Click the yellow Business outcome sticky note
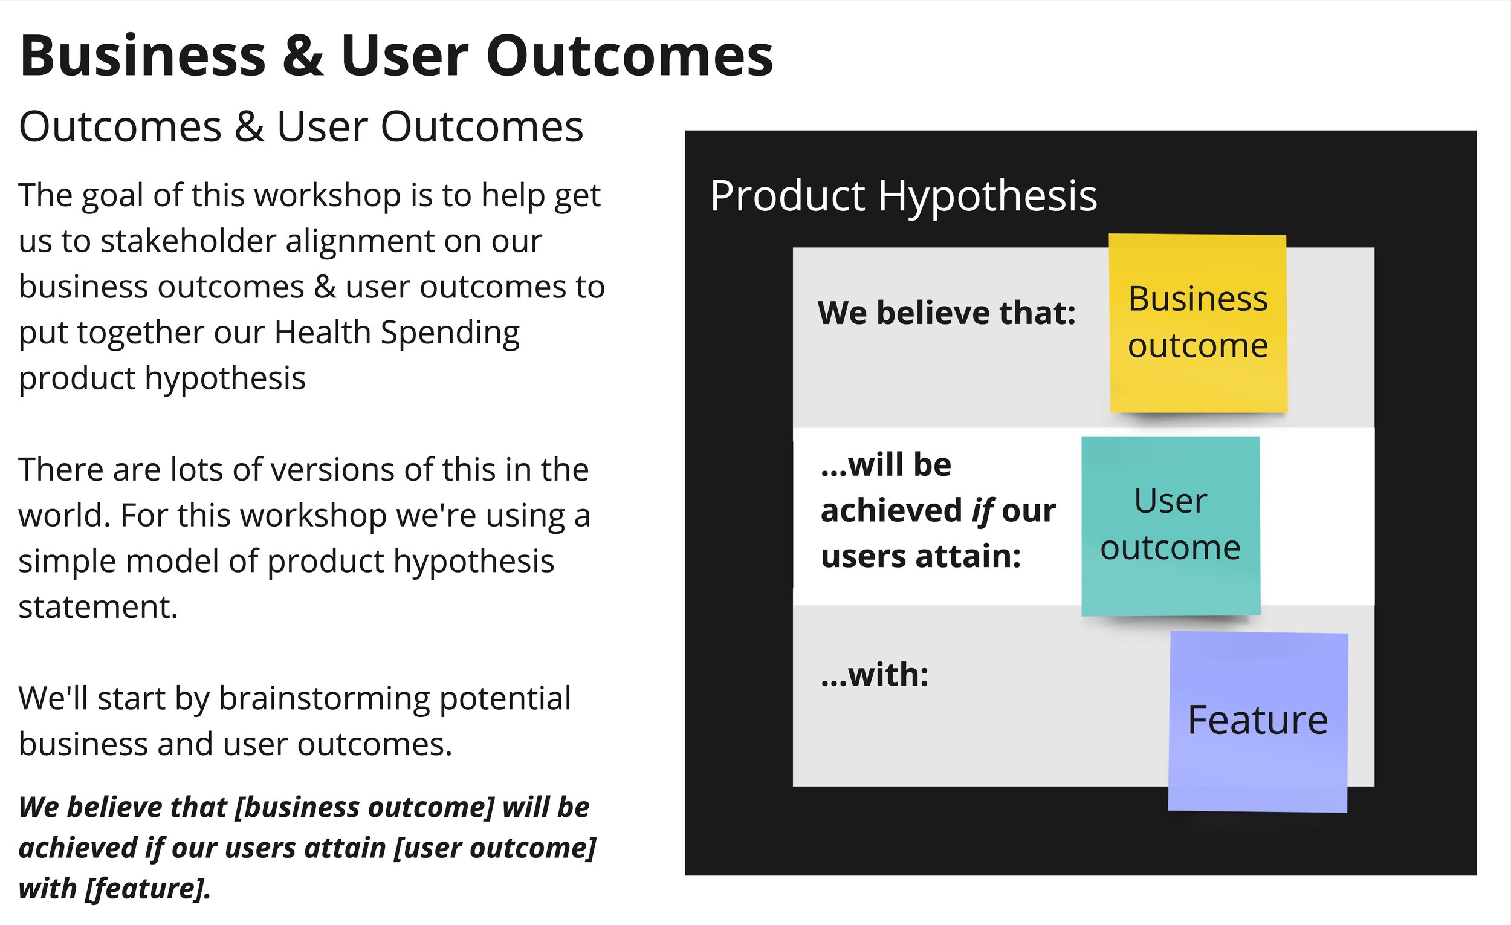pos(1198,323)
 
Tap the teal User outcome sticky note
pos(1171,526)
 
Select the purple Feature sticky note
pos(1258,722)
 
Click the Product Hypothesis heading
pos(904,196)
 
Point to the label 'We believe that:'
pos(947,313)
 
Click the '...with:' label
pos(875,675)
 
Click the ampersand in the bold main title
pos(303,55)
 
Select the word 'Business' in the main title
pos(143,55)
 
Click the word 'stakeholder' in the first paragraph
pos(188,241)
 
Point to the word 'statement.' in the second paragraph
pos(98,606)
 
